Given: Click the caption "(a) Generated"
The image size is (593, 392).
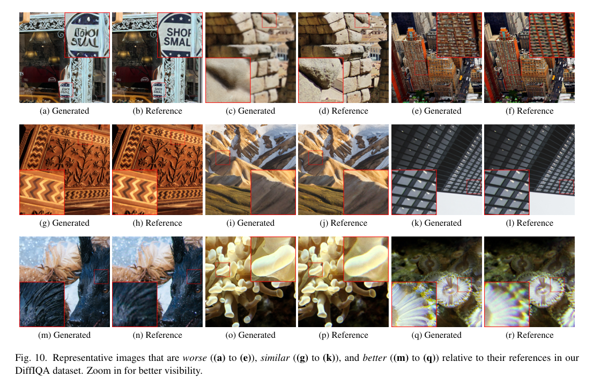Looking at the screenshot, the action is [64, 111].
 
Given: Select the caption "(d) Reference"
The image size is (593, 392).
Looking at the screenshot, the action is [343, 111].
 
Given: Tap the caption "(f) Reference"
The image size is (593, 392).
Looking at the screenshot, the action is [530, 111].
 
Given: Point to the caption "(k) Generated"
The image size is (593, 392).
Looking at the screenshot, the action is [436, 223].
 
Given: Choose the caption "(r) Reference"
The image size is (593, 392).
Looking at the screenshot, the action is [530, 335].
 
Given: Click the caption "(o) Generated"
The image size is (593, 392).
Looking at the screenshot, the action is [250, 335].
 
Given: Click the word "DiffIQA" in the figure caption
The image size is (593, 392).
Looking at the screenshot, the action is [32, 371].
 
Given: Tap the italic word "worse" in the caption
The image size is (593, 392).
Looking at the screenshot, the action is [195, 358].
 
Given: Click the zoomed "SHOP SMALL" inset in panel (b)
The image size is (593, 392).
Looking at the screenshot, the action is [180, 35].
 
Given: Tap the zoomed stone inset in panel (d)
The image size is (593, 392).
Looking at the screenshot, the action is [321, 80].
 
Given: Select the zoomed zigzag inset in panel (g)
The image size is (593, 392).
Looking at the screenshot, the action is [42, 192].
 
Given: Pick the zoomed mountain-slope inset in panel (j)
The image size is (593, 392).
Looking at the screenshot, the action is [366, 192].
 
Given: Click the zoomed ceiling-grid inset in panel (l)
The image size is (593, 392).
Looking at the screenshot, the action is [507, 192].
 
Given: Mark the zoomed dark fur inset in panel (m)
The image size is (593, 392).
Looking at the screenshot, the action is [42, 304].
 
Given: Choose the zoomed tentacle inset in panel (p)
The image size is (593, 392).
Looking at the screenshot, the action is [366, 259].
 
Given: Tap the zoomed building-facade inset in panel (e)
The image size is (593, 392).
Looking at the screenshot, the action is [459, 35].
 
